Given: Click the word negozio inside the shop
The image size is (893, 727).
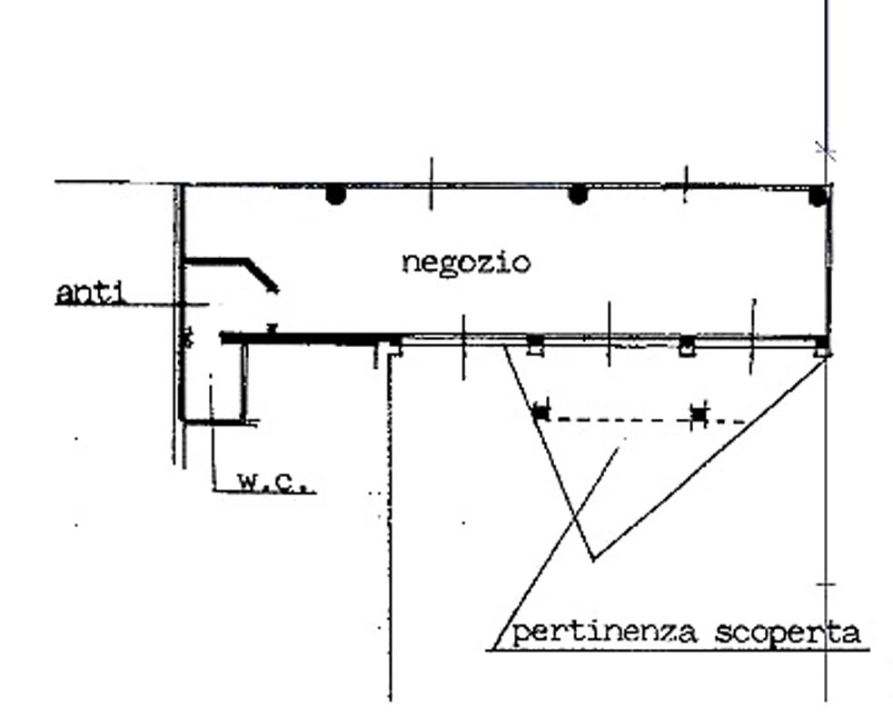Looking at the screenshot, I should pos(465,264).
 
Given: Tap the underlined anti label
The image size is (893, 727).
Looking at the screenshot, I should pos(90,294).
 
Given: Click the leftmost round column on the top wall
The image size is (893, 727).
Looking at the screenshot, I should pos(336,194).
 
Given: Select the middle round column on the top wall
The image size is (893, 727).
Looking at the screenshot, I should pos(578,194).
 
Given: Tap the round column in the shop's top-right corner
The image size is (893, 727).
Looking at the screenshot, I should pos(819,195).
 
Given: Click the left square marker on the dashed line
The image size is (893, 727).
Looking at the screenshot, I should pos(541,411).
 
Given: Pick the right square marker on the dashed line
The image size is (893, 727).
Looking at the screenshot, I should pos(698,414).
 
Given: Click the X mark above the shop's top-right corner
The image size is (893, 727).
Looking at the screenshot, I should pos(825,151).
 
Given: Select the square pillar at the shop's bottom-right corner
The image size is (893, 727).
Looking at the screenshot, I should pos(821,346).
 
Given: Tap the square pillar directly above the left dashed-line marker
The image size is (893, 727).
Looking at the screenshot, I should pos(535,344).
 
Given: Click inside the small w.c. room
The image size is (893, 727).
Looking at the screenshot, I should pos(213,382).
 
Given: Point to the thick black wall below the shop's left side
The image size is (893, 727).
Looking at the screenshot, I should pos(300,338).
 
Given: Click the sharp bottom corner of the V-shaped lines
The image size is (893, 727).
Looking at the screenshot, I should pos(592,559).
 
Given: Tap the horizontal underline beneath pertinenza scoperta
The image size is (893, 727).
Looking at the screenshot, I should pos(681,650).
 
